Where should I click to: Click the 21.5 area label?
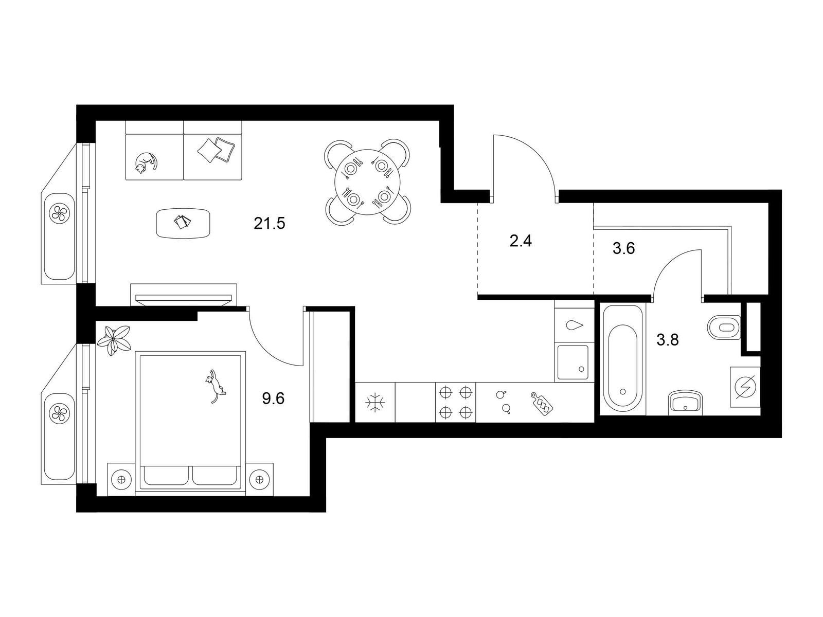point(269,224)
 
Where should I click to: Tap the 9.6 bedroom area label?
point(273,398)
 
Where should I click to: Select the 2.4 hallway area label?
point(521,241)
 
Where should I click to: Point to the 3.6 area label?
point(623,248)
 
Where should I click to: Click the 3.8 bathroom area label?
point(667,340)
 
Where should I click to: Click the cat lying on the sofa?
point(145,162)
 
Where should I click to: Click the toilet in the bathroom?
point(724,327)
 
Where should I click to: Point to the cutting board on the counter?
point(542,403)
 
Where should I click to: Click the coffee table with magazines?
point(183,223)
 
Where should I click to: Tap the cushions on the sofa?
point(217,150)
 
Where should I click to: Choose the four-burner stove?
point(455,403)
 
